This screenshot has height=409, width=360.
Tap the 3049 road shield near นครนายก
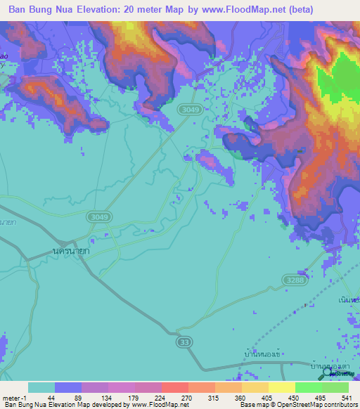point(98,219)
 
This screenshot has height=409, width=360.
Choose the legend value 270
point(167,398)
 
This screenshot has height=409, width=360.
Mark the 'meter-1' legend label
point(13,398)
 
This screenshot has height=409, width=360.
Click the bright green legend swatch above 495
point(309,387)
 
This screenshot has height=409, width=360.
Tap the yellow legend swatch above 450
point(281,387)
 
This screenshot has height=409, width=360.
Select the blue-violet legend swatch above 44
point(68,387)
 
